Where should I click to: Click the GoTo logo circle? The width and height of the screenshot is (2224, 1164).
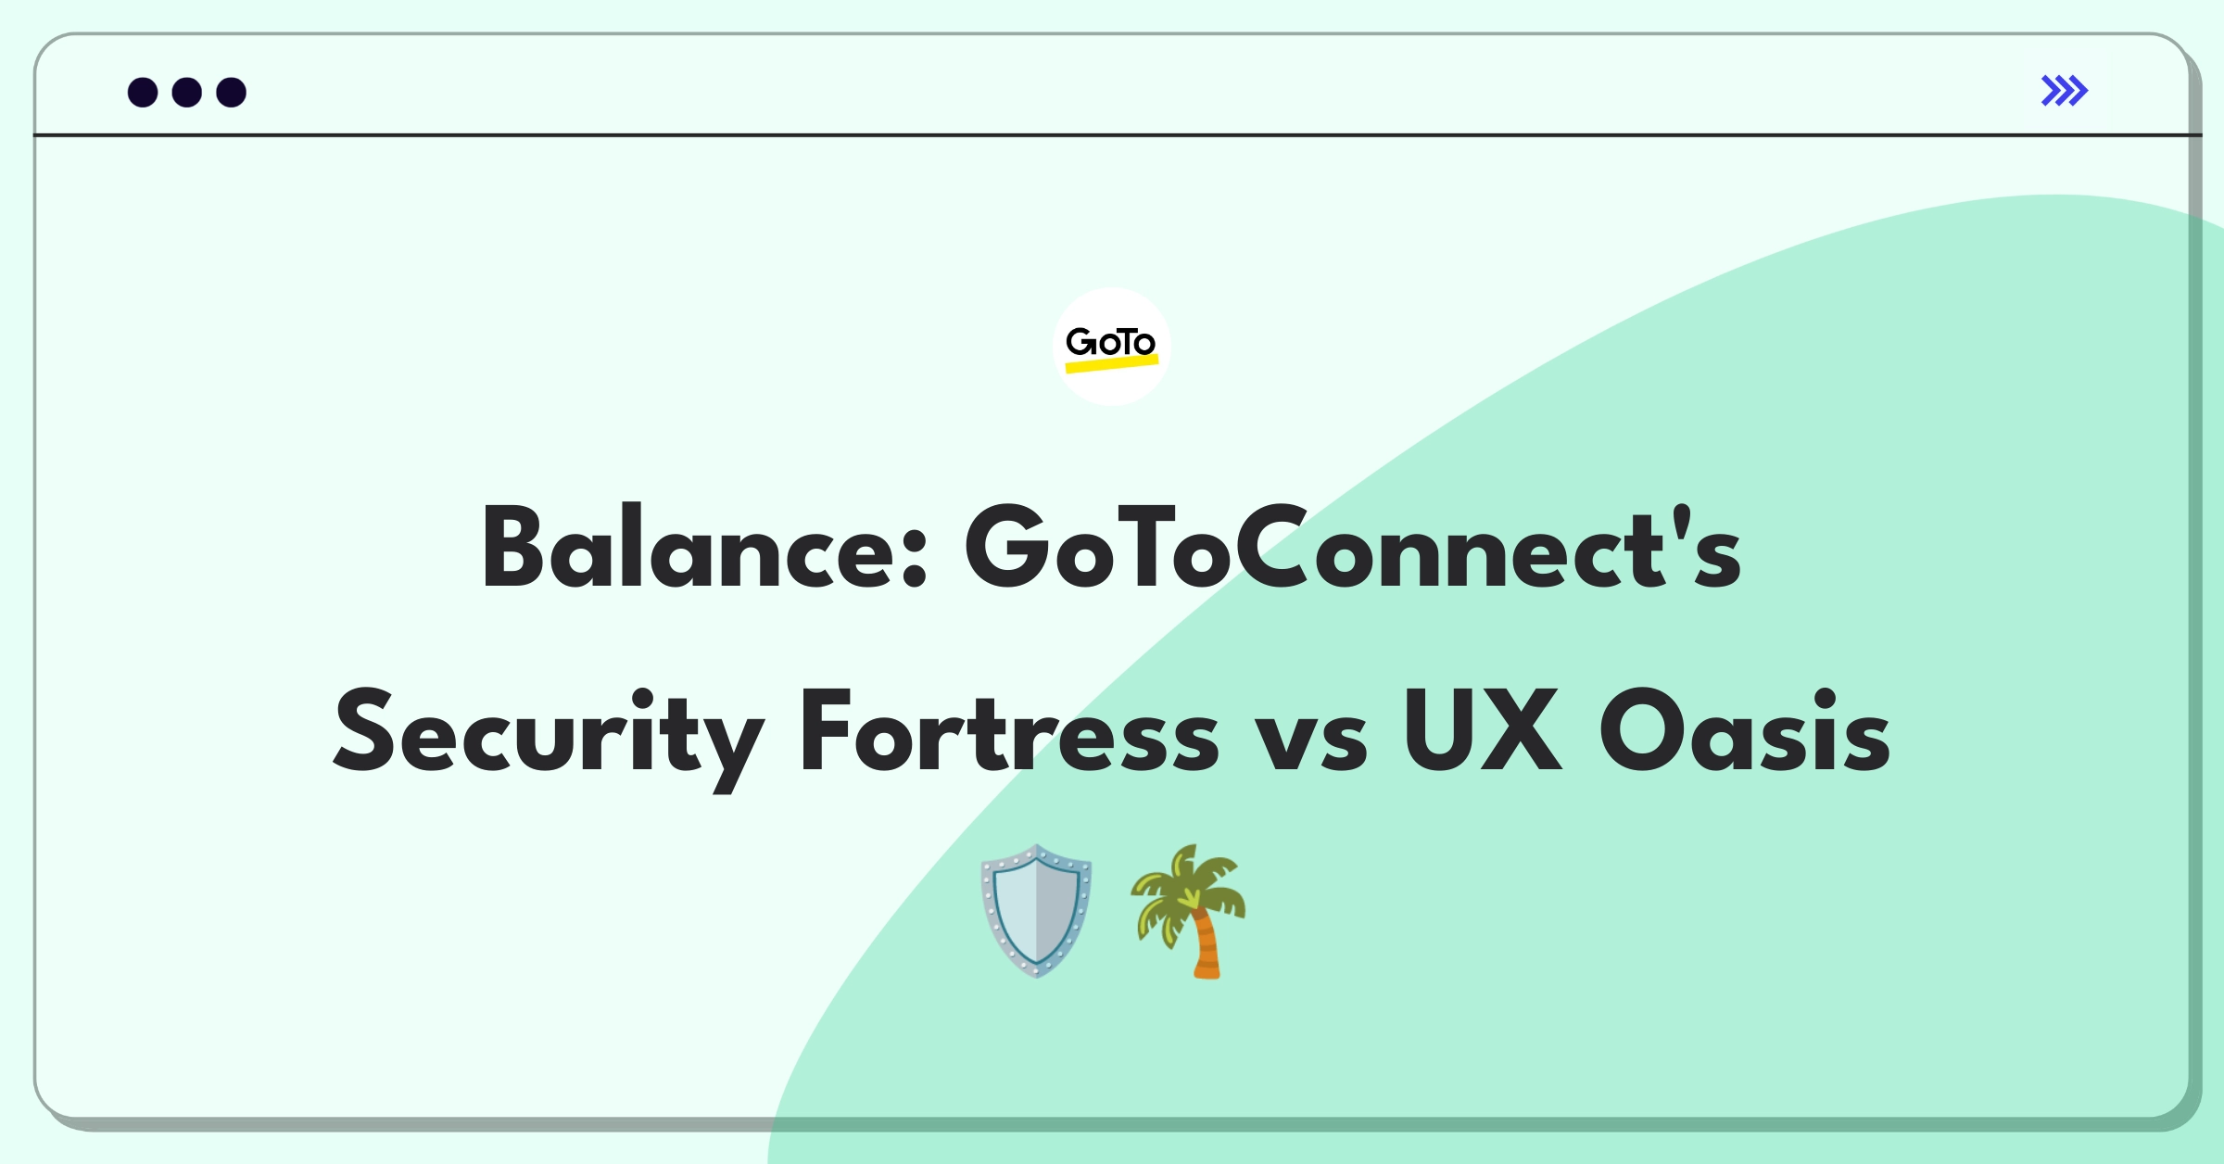pos(1111,347)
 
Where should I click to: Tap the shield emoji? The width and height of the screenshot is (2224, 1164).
pos(1036,910)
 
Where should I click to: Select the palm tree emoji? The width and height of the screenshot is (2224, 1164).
pos(1188,910)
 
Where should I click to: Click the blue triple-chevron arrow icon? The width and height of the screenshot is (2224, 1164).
pos(2065,91)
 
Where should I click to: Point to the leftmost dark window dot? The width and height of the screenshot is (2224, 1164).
pos(143,92)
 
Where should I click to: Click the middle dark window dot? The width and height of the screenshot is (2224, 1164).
pos(187,92)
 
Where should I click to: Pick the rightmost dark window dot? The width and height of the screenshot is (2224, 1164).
pos(232,92)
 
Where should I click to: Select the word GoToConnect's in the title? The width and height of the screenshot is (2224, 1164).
pos(1353,547)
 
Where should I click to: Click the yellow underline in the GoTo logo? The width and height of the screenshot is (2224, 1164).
pos(1112,363)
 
